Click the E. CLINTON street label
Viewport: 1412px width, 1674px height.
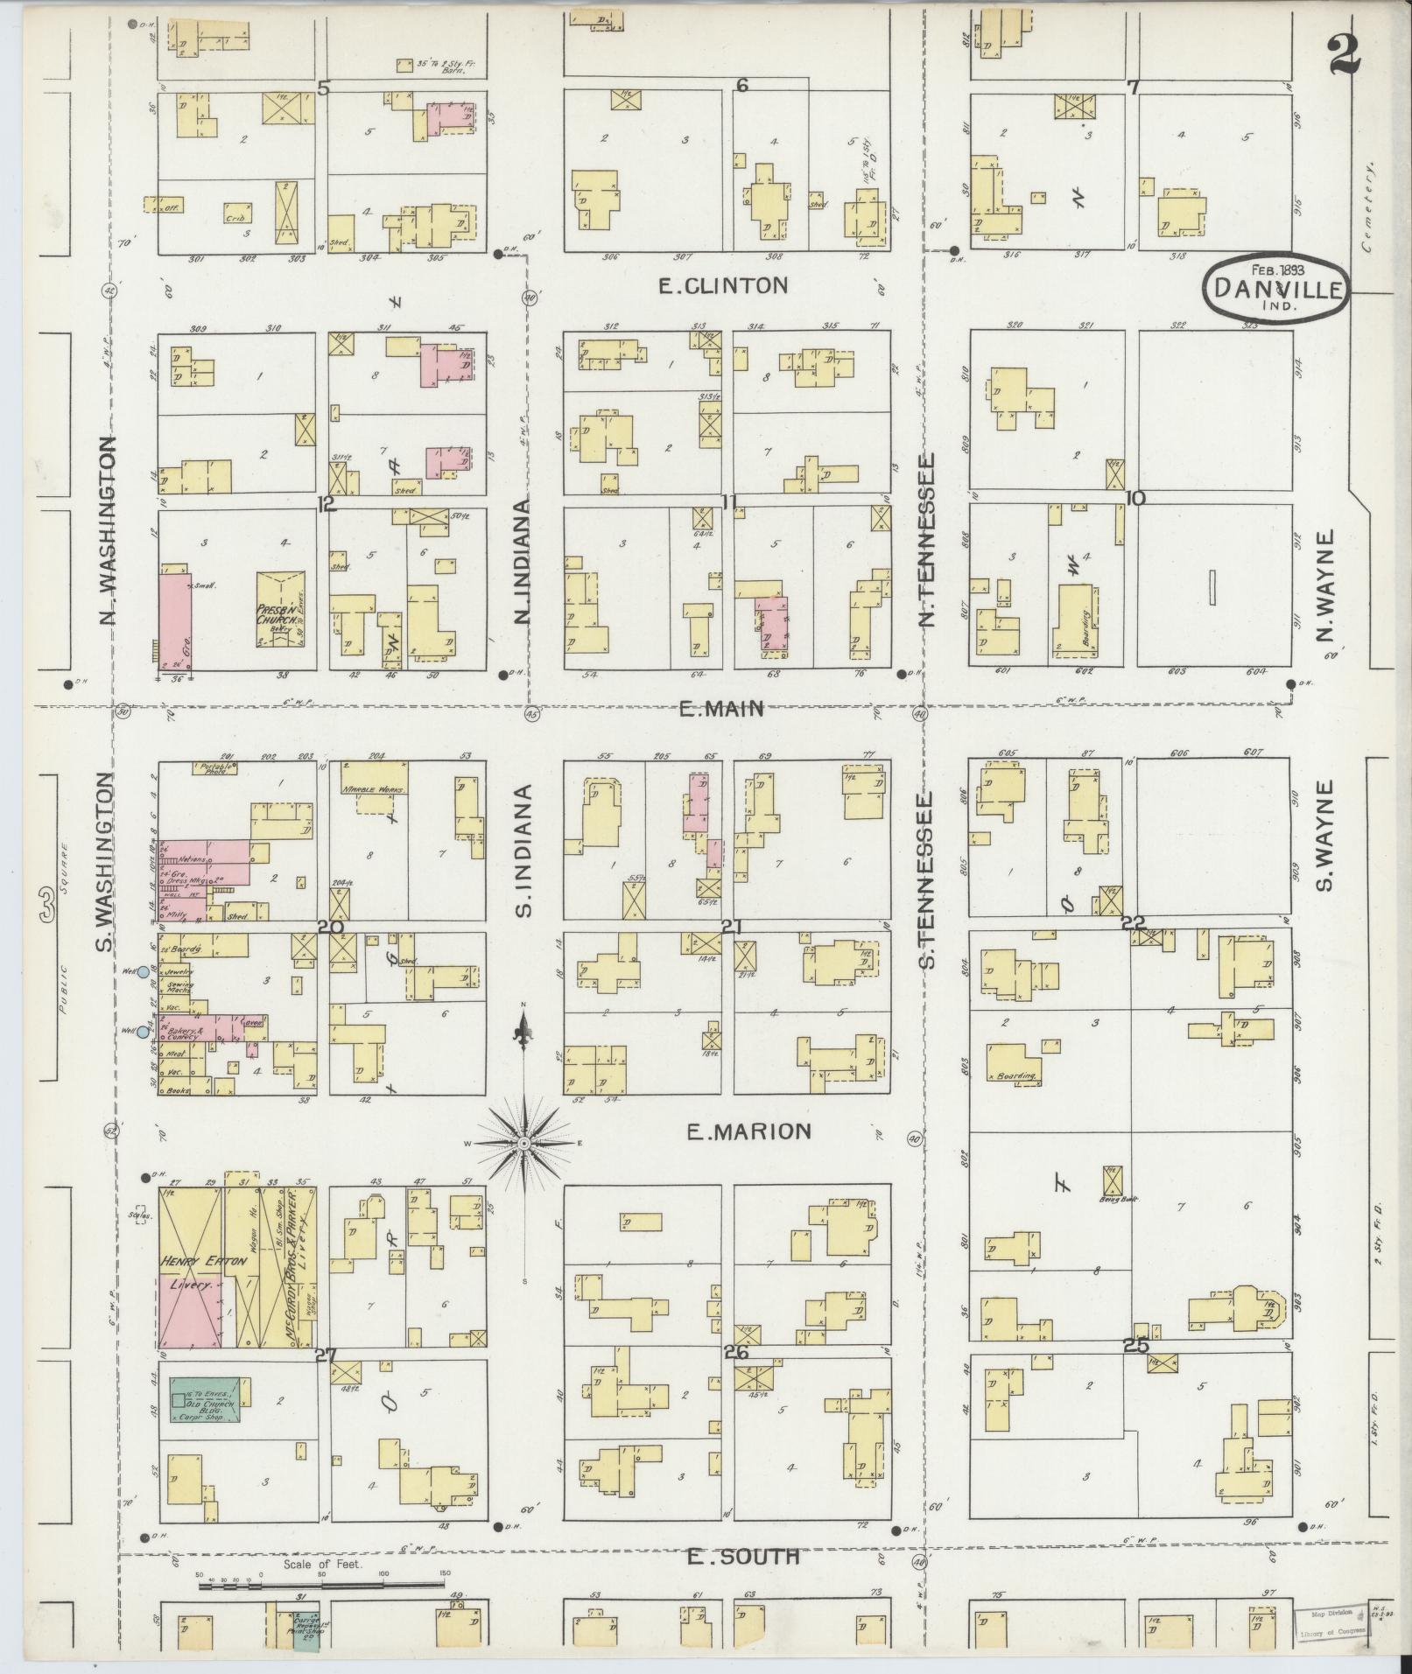point(723,285)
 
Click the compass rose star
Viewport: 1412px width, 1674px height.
point(523,1143)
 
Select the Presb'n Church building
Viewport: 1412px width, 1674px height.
point(280,610)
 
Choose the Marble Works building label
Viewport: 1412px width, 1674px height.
point(373,788)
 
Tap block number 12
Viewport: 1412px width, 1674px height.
point(326,504)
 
